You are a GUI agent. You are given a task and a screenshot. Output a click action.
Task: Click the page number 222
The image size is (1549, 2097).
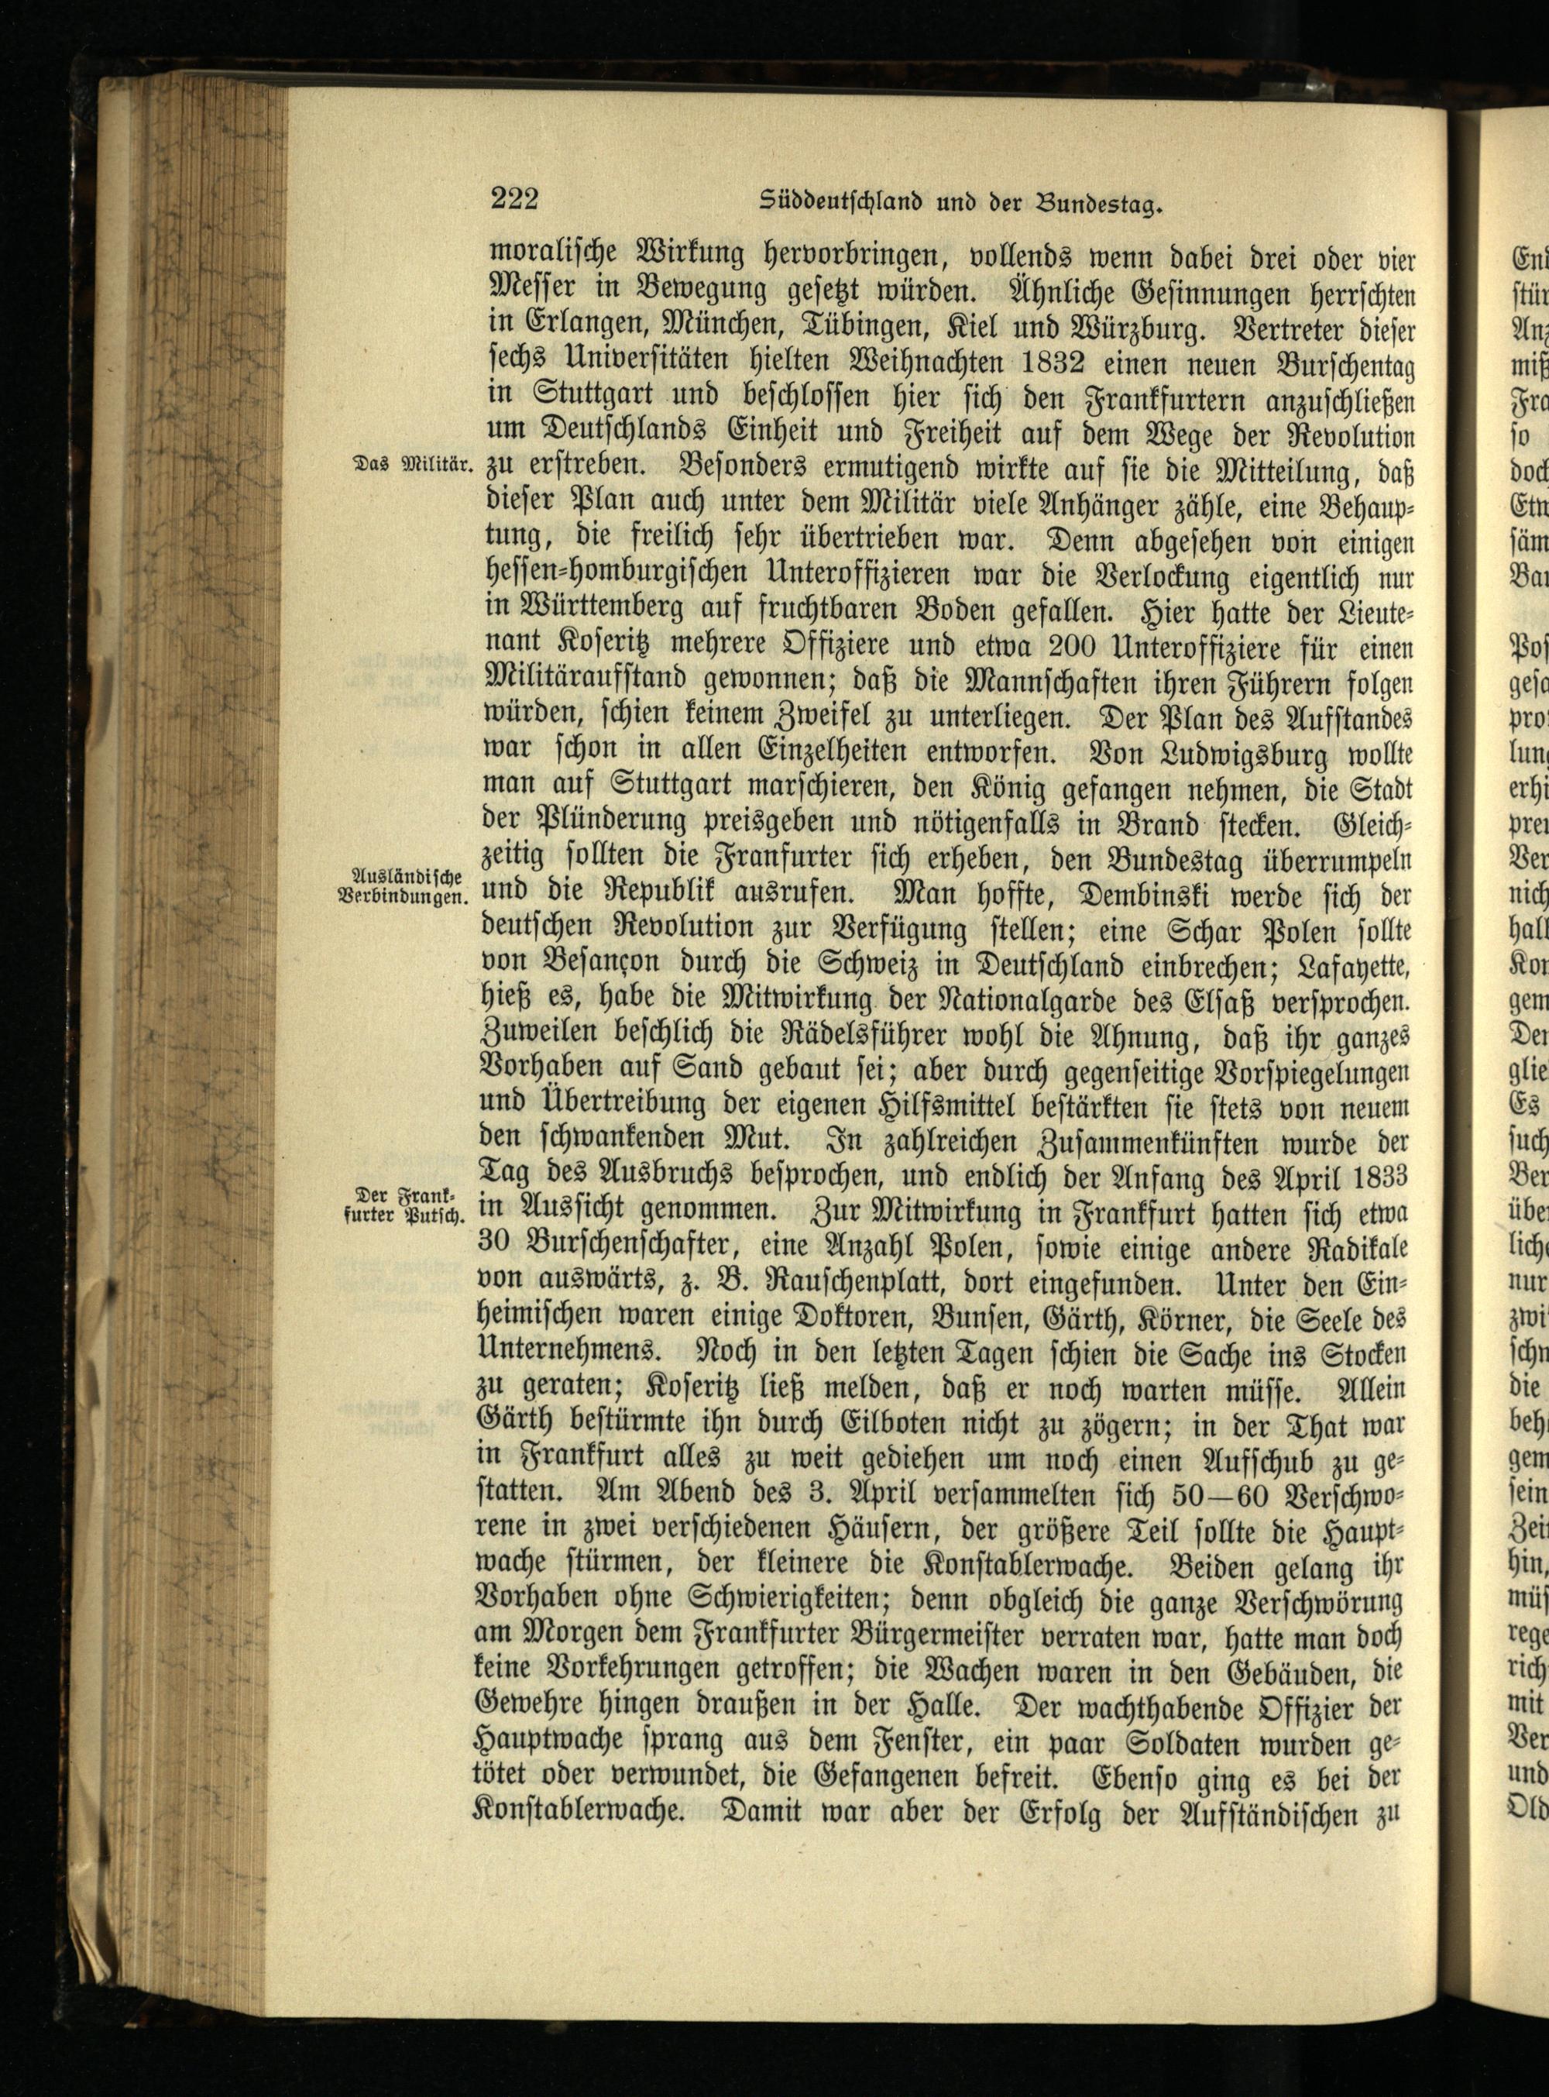click(x=513, y=200)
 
